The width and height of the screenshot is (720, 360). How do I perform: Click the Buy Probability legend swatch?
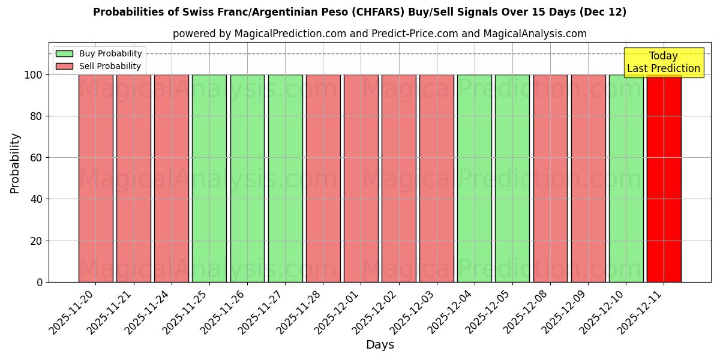64,53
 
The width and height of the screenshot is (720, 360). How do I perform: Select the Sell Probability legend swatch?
64,66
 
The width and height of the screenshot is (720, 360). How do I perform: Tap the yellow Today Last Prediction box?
663,62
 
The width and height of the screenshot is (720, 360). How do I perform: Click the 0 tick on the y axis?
39,282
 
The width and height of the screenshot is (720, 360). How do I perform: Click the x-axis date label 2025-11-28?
302,312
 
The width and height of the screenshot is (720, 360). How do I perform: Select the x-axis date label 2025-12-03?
416,312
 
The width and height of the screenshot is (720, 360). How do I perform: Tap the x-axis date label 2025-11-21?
113,312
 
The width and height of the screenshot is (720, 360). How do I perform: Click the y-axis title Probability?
15,163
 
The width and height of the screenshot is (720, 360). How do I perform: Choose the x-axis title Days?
380,345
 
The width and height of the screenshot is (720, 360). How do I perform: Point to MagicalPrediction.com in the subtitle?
290,34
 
